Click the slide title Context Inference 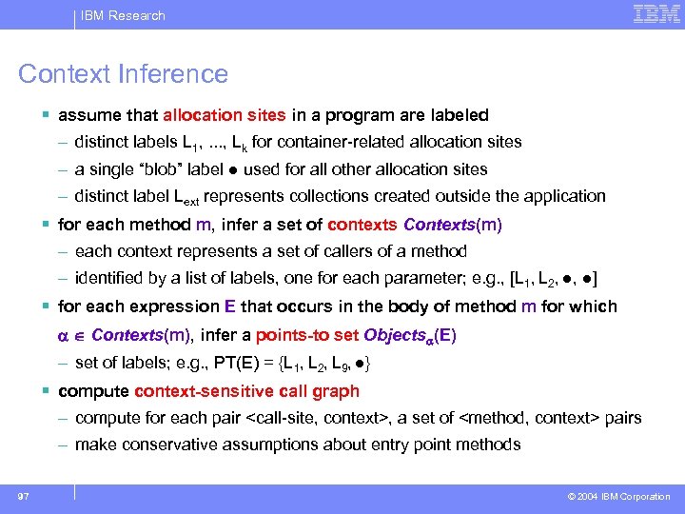[124, 74]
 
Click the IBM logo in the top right [656, 14]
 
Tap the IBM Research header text [123, 15]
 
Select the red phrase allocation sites [224, 115]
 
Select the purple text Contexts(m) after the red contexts [453, 226]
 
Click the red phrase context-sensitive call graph [247, 391]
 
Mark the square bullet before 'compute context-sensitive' [47, 391]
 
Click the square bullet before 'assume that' [47, 115]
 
